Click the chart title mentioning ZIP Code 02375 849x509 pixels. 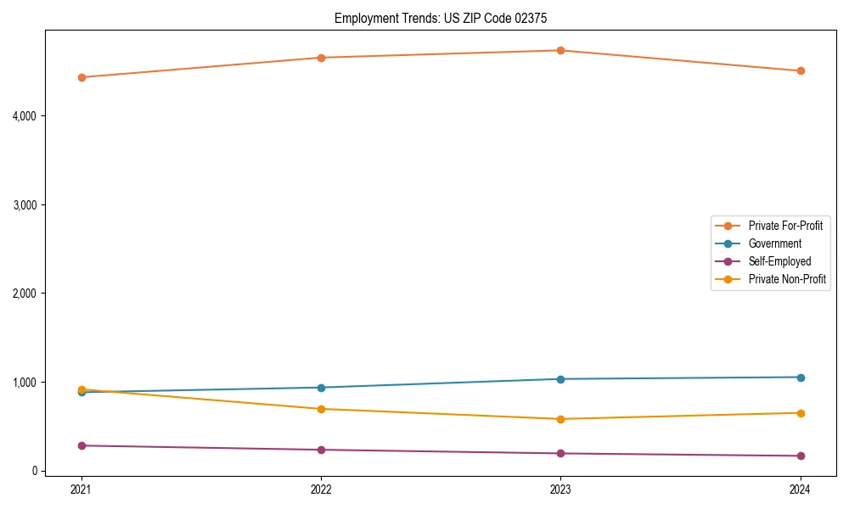tap(447, 18)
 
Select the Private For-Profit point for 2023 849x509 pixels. tap(560, 50)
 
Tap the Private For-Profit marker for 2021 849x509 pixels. tap(82, 77)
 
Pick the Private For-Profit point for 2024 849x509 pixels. tap(801, 70)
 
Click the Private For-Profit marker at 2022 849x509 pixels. tap(321, 58)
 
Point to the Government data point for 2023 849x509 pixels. tap(560, 379)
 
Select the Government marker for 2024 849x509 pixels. tap(801, 378)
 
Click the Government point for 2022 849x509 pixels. tap(321, 388)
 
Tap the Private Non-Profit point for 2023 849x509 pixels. tap(560, 419)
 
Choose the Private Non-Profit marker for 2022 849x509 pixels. tap(321, 409)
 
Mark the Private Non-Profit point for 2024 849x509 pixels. tap(801, 413)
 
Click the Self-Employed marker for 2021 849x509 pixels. tap(82, 445)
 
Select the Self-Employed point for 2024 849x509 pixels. tap(801, 456)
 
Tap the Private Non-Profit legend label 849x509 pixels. tap(787, 279)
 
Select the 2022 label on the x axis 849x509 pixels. tap(321, 489)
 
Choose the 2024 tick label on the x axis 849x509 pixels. tap(801, 489)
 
